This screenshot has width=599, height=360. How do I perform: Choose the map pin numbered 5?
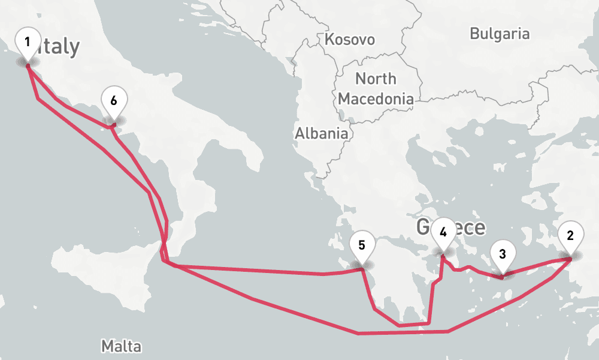pos(362,247)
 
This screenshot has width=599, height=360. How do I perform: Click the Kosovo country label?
pos(350,40)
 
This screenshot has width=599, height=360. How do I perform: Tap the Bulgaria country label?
pos(500,34)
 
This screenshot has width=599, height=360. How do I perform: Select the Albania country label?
pos(321,133)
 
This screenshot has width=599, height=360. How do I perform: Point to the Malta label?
pos(122,346)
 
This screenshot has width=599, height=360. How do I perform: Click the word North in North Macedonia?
pos(376,79)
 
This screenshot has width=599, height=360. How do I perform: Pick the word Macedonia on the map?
pos(376,98)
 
